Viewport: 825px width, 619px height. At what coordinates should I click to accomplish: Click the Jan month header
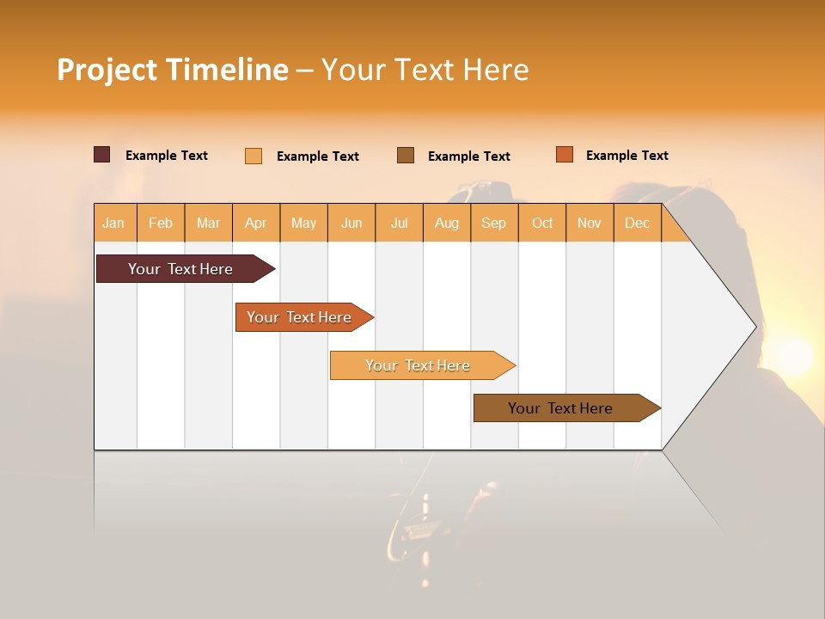point(113,224)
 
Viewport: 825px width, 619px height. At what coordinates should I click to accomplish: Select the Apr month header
point(256,224)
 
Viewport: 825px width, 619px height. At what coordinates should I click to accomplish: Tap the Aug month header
point(447,224)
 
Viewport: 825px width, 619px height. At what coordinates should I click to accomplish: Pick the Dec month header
point(638,224)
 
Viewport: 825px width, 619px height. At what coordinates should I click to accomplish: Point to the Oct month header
point(542,224)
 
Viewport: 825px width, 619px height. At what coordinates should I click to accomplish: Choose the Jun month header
point(351,224)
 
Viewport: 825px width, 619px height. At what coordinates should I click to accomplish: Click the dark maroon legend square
point(102,155)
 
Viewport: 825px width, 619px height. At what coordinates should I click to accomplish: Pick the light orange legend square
point(254,156)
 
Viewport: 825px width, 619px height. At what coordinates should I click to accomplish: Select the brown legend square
point(406,155)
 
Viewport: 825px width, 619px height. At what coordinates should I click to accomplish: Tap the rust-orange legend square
point(565,155)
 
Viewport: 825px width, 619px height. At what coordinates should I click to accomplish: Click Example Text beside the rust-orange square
point(626,156)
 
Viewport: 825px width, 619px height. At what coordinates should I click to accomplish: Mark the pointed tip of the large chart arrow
point(755,327)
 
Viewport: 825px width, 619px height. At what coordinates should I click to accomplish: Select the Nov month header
point(590,224)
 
